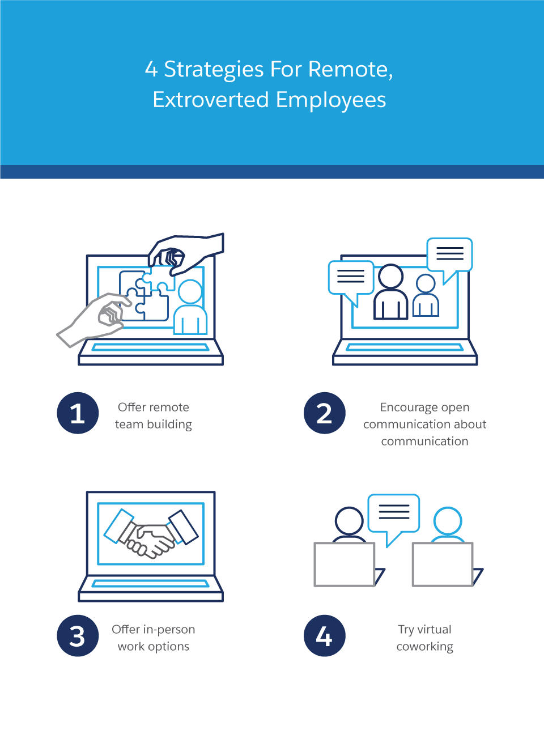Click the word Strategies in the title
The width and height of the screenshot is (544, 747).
[214, 70]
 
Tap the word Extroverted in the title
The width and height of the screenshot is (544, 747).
[211, 100]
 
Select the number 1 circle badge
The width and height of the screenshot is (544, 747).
[78, 413]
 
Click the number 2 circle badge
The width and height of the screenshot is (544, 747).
[324, 413]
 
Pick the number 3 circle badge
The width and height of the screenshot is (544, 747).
[78, 636]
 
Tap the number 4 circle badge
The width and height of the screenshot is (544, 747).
[324, 636]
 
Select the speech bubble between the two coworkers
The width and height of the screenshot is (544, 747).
[394, 515]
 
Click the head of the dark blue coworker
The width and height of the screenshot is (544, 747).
[349, 521]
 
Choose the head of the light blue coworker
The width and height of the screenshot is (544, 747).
[448, 521]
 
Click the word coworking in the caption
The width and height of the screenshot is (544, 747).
[424, 647]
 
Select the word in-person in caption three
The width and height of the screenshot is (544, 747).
[169, 630]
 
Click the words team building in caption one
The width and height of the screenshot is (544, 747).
[153, 425]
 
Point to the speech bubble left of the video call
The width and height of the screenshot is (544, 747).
[351, 278]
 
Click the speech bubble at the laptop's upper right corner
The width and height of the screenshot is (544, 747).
[450, 255]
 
